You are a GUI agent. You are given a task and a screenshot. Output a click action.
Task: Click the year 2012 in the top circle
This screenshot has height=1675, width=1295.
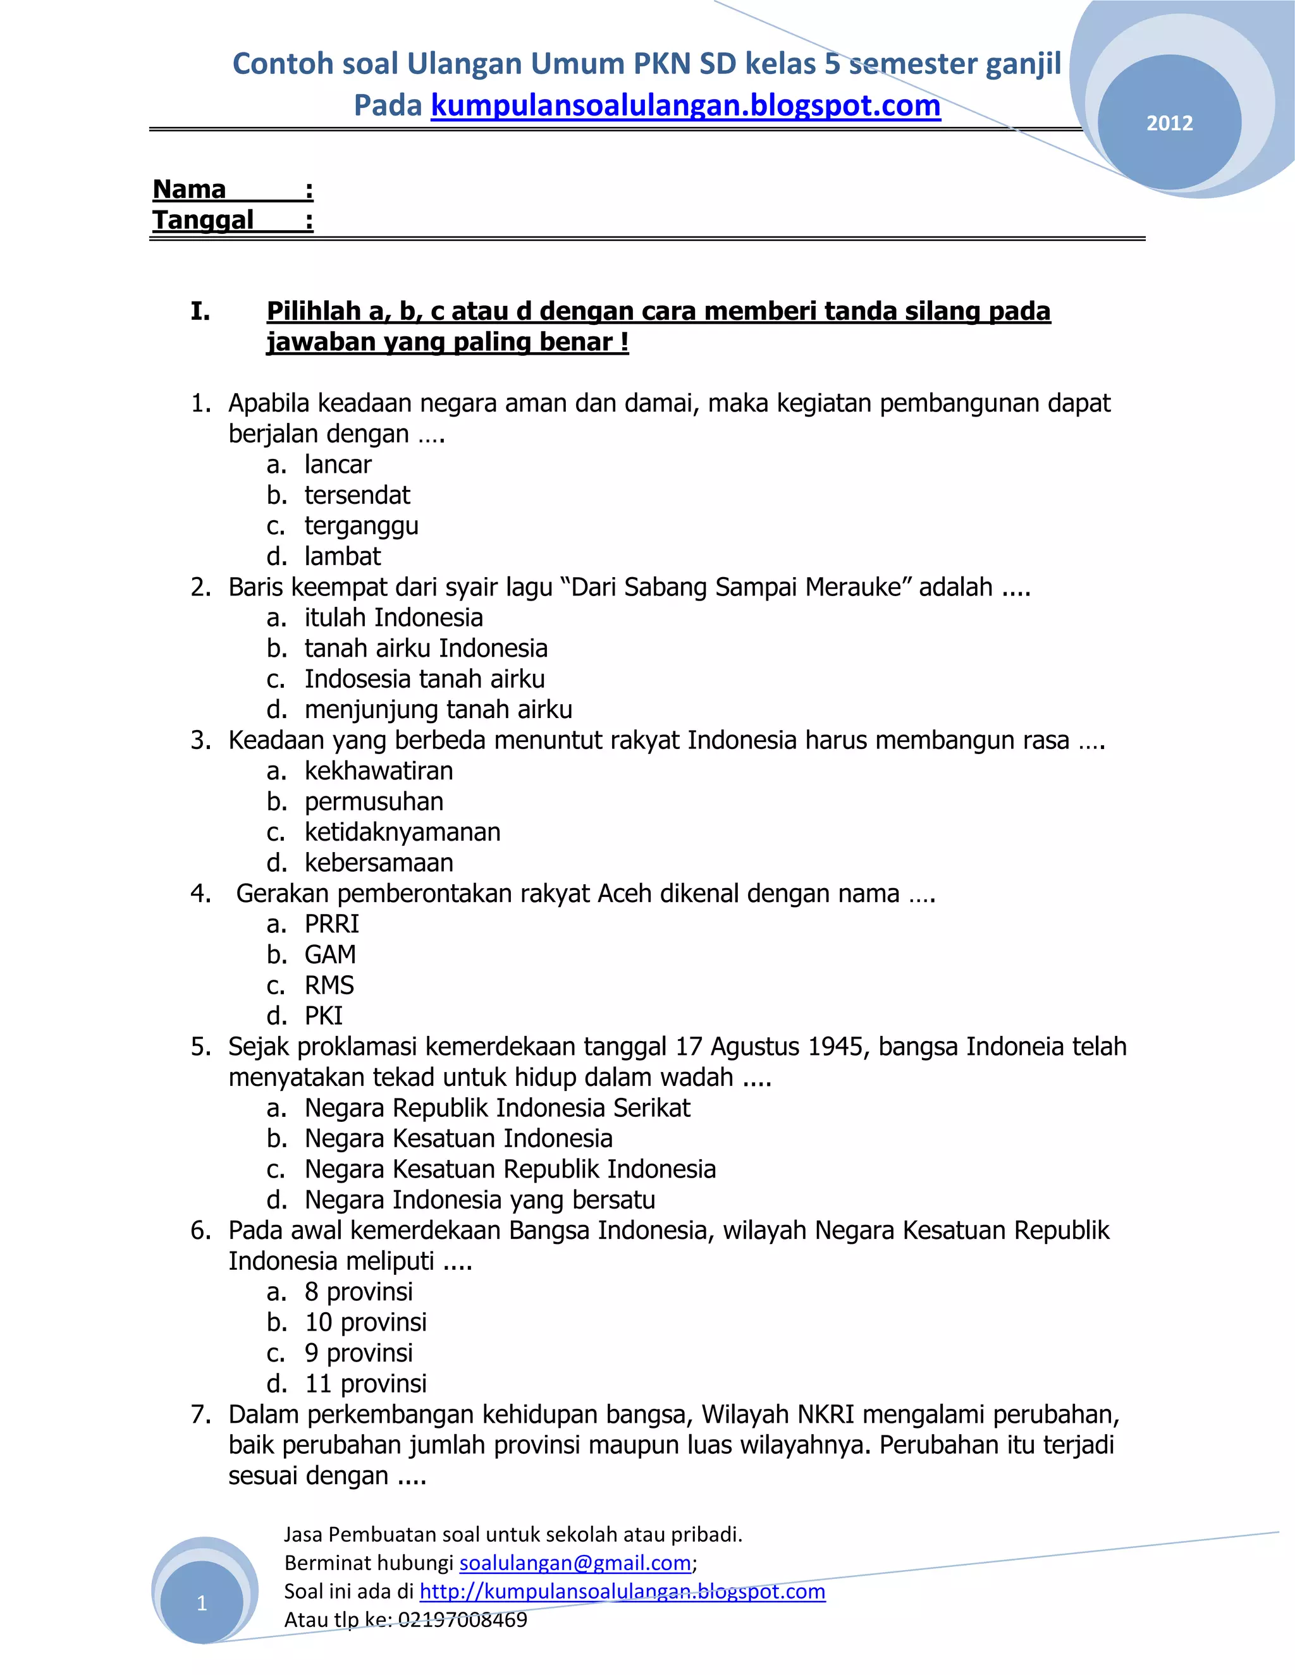1169,123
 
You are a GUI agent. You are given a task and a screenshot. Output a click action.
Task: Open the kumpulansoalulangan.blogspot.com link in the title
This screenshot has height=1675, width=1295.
685,106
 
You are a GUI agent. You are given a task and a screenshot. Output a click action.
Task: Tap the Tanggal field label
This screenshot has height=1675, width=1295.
202,220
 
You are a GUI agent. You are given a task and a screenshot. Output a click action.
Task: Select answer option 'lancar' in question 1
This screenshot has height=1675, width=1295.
338,465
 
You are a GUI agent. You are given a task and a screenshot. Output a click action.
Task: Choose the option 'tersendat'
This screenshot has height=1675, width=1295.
357,496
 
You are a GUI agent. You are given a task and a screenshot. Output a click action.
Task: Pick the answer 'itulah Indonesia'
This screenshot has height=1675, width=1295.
393,618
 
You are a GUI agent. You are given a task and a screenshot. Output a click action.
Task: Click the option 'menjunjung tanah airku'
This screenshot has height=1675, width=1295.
438,709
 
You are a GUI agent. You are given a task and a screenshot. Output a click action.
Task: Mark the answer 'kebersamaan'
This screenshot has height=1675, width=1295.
379,863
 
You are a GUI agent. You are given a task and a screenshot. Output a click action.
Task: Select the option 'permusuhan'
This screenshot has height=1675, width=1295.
374,801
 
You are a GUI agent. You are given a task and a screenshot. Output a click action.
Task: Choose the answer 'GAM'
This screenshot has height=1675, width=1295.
330,955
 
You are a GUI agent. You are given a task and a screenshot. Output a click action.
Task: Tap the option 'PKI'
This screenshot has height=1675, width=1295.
324,1016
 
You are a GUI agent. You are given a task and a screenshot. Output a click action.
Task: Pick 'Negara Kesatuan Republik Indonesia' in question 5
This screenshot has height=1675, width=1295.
510,1169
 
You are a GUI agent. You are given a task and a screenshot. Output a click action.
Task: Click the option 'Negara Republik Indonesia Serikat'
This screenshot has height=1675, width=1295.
497,1108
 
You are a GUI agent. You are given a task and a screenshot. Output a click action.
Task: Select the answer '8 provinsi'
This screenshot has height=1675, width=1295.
359,1293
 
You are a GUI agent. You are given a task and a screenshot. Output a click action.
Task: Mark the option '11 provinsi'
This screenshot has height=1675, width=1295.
365,1384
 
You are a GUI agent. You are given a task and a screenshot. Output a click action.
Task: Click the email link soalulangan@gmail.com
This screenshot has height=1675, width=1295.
575,1563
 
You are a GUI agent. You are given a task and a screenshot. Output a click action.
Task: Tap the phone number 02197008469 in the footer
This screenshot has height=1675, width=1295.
463,1620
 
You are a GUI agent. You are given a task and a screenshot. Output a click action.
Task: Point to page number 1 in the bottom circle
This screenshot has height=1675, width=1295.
202,1603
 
